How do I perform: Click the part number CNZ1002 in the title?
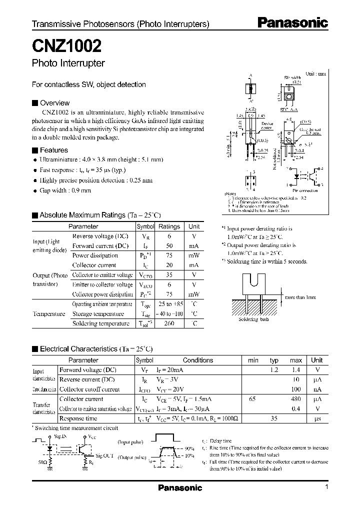(x=67, y=46)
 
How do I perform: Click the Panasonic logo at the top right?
(x=292, y=22)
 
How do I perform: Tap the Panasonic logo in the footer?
(x=180, y=487)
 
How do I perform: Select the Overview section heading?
(x=54, y=103)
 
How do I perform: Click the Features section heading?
(x=53, y=150)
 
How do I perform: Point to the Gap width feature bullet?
(x=65, y=190)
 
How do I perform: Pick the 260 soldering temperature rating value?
(x=169, y=323)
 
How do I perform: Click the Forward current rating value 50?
(x=169, y=245)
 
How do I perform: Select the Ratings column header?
(x=169, y=226)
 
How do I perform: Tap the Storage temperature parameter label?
(x=98, y=314)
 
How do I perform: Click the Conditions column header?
(x=198, y=360)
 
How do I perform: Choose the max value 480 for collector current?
(x=295, y=399)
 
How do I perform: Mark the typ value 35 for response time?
(x=274, y=418)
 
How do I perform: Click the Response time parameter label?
(x=78, y=418)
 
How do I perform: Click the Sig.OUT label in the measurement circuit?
(x=104, y=456)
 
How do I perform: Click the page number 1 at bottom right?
(x=326, y=487)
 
